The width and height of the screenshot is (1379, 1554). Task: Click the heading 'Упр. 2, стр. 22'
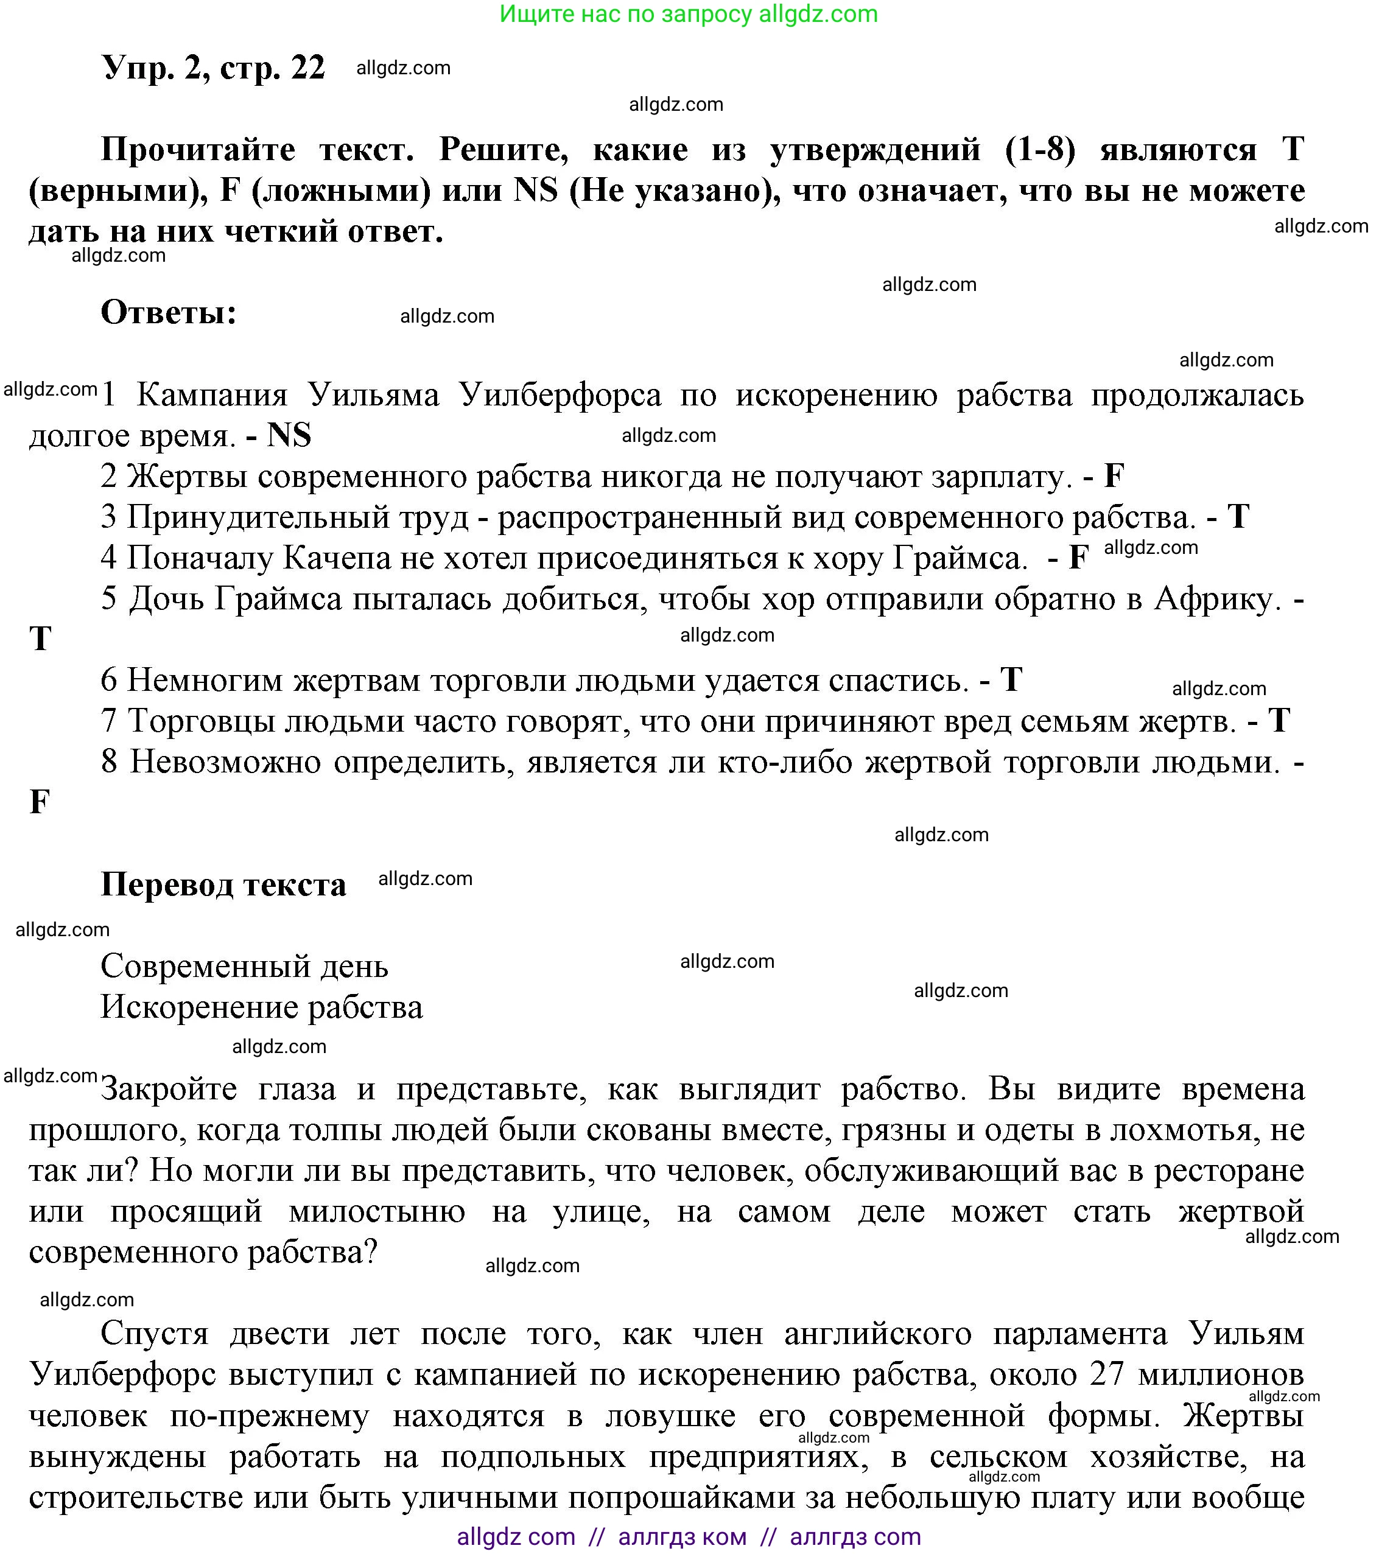pyautogui.click(x=213, y=68)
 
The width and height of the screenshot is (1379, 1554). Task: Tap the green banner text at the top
pyautogui.click(x=689, y=15)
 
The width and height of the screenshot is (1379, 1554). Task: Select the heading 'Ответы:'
pyautogui.click(x=169, y=312)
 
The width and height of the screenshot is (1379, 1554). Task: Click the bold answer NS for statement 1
pyautogui.click(x=289, y=436)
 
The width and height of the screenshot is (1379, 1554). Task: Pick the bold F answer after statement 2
pyautogui.click(x=1114, y=477)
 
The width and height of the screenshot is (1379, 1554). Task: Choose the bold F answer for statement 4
pyautogui.click(x=1079, y=558)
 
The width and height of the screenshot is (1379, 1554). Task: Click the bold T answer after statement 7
pyautogui.click(x=1279, y=721)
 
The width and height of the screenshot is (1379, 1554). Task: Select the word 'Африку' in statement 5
pyautogui.click(x=1213, y=599)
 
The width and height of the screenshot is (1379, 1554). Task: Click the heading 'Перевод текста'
pyautogui.click(x=223, y=885)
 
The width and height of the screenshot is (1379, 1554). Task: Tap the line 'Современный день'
pyautogui.click(x=244, y=967)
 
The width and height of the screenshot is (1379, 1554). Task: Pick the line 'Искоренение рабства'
pyautogui.click(x=262, y=1007)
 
